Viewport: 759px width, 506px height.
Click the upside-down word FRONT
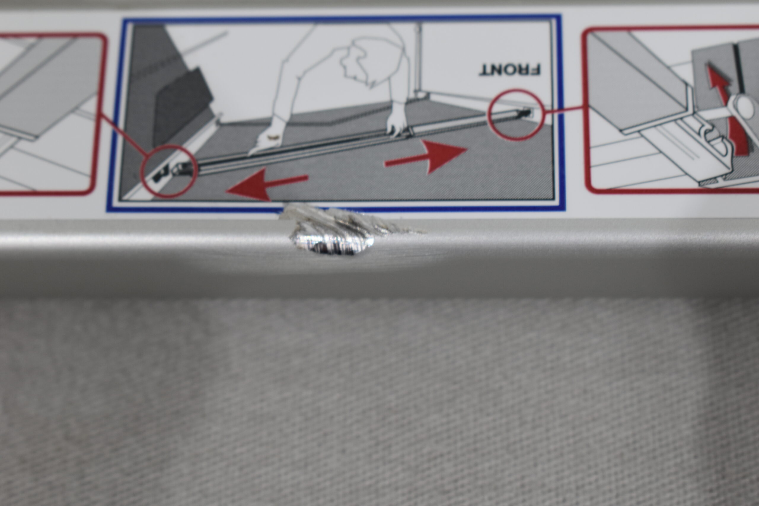click(x=510, y=70)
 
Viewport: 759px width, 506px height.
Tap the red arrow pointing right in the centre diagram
click(x=426, y=157)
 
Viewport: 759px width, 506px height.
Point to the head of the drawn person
click(x=371, y=61)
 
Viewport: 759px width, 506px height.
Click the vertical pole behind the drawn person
click(x=419, y=60)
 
